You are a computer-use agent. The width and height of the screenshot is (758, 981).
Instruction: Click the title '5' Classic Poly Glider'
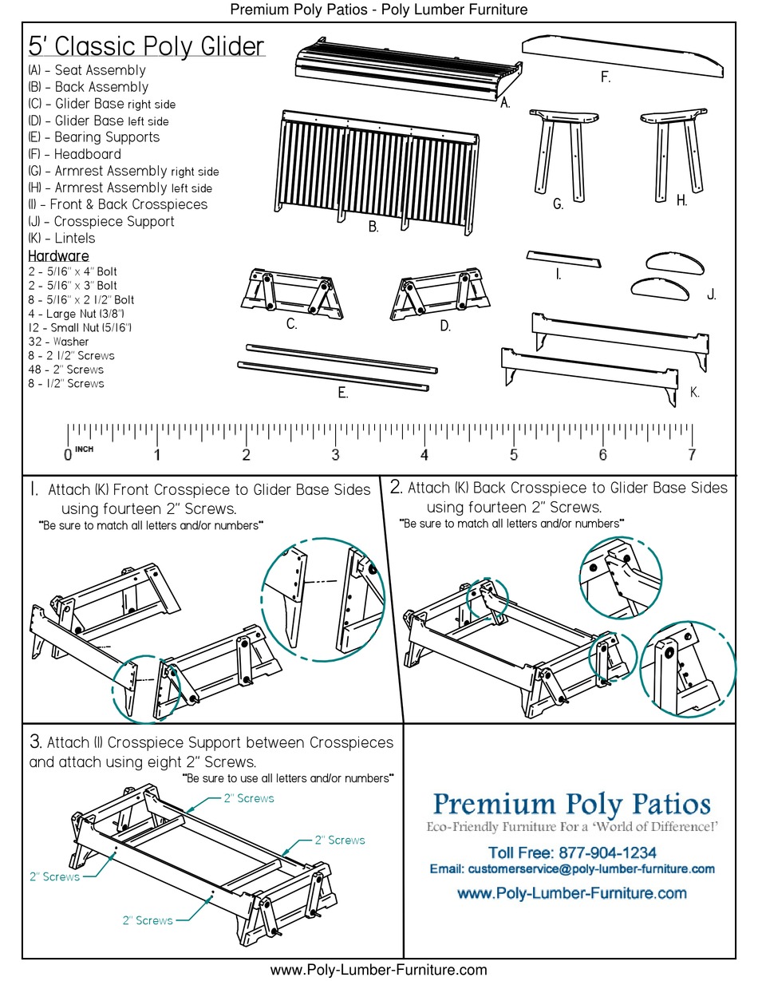pyautogui.click(x=146, y=46)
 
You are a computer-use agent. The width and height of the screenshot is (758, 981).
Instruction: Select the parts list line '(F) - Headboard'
pyautogui.click(x=74, y=154)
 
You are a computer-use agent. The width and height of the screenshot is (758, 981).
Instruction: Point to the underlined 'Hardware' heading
pyautogui.click(x=58, y=256)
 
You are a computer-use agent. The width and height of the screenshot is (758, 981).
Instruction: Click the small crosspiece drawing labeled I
pyautogui.click(x=563, y=260)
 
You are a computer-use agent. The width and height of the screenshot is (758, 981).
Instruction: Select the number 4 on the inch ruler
pyautogui.click(x=424, y=455)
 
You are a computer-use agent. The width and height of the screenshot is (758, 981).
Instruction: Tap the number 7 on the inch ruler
pyautogui.click(x=691, y=455)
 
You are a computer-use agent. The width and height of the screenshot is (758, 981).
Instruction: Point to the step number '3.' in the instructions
pyautogui.click(x=35, y=742)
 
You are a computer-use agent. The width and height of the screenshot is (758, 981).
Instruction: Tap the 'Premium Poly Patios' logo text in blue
pyautogui.click(x=571, y=802)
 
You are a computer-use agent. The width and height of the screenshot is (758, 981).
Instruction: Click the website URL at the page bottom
pyautogui.click(x=378, y=970)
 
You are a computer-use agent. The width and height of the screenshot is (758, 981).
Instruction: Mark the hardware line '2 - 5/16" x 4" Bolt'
pyautogui.click(x=72, y=272)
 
